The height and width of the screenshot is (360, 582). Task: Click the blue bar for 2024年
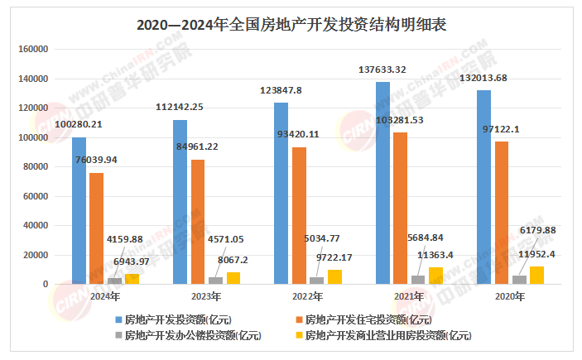click(x=79, y=210)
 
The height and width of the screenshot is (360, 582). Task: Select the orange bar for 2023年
click(x=198, y=221)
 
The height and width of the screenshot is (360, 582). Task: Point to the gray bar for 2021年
click(x=418, y=280)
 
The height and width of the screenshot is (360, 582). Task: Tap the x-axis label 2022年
click(x=308, y=295)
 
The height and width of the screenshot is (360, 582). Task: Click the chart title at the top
click(x=291, y=24)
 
